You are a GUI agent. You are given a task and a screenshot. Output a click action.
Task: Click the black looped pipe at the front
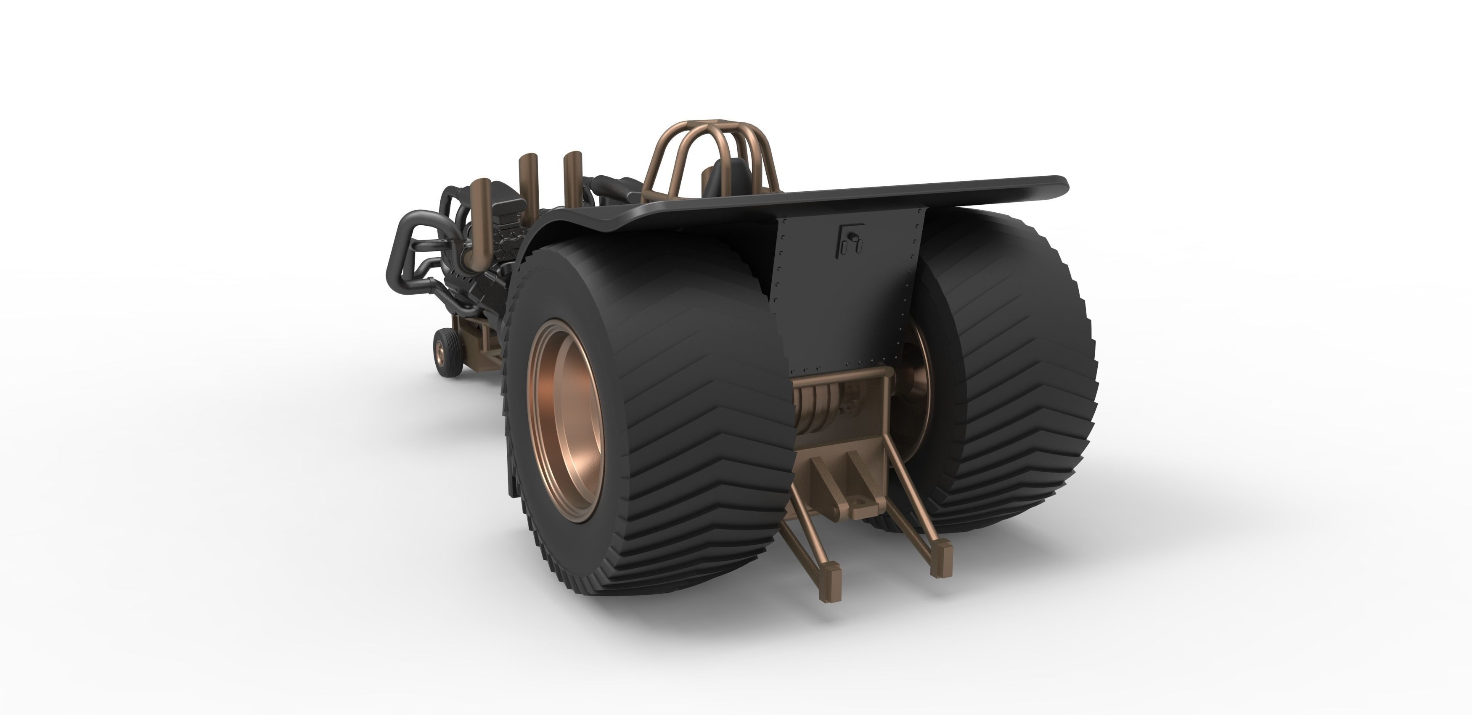(x=406, y=251)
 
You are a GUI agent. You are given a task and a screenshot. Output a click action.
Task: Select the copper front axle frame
(x=480, y=343)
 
